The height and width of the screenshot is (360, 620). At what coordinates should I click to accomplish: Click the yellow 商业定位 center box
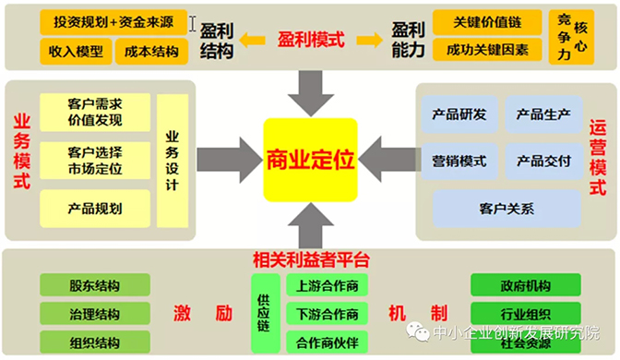tap(310, 160)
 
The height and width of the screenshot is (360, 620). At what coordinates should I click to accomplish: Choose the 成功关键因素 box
tap(487, 50)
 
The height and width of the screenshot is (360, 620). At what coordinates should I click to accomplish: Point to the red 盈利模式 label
tap(311, 40)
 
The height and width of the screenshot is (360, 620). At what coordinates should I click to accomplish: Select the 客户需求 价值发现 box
tap(95, 111)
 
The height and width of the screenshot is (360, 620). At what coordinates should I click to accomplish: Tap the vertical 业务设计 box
tap(172, 158)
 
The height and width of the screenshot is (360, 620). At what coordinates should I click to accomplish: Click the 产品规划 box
tap(95, 208)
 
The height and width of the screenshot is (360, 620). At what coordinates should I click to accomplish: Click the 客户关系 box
tap(507, 208)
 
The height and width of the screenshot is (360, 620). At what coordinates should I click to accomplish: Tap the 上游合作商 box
tap(327, 286)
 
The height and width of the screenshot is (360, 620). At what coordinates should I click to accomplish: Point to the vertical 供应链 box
tap(263, 312)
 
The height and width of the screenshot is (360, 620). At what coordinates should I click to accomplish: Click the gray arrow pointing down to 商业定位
tap(309, 90)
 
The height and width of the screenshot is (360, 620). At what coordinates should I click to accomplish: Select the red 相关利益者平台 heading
tap(309, 259)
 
